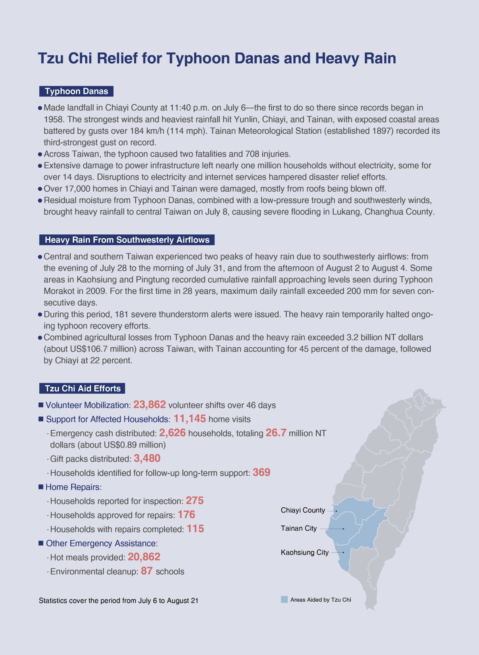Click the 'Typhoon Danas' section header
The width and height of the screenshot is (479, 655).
click(76, 91)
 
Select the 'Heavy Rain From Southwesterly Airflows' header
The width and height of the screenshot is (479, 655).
click(127, 240)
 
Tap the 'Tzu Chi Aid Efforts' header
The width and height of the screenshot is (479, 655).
click(82, 388)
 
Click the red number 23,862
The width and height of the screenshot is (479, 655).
click(149, 405)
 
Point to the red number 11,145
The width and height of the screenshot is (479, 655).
click(190, 419)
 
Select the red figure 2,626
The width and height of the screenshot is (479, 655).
click(172, 433)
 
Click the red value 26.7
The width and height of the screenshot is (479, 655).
click(276, 433)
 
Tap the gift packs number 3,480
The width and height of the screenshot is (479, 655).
click(147, 458)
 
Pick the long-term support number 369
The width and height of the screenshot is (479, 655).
click(261, 473)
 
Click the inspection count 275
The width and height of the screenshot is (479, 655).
click(195, 501)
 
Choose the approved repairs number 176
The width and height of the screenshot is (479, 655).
click(186, 515)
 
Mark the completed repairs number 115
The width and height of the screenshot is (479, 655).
click(195, 529)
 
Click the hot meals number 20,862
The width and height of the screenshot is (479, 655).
click(144, 557)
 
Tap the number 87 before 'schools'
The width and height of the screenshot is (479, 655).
click(147, 571)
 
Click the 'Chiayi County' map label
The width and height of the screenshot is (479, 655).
click(303, 510)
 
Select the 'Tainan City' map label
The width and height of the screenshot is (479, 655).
click(299, 528)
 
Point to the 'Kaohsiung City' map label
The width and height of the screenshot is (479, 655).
click(304, 552)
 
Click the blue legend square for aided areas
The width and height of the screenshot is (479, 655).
click(284, 599)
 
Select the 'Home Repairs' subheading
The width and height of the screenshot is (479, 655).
click(72, 487)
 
